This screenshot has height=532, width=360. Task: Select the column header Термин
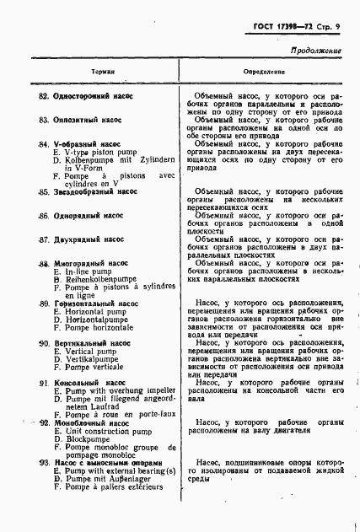pyautogui.click(x=103, y=73)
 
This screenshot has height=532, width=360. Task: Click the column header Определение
pyautogui.click(x=264, y=73)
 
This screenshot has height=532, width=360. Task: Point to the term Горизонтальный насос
pyautogui.click(x=94, y=303)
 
